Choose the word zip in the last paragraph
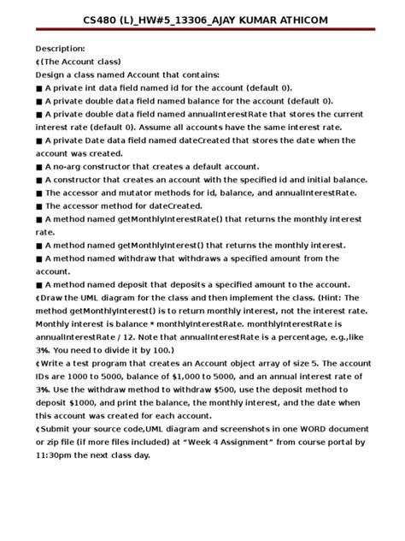pos(56,443)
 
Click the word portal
pos(324,443)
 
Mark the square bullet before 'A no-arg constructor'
pos(39,167)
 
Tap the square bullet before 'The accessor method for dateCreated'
pos(39,206)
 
